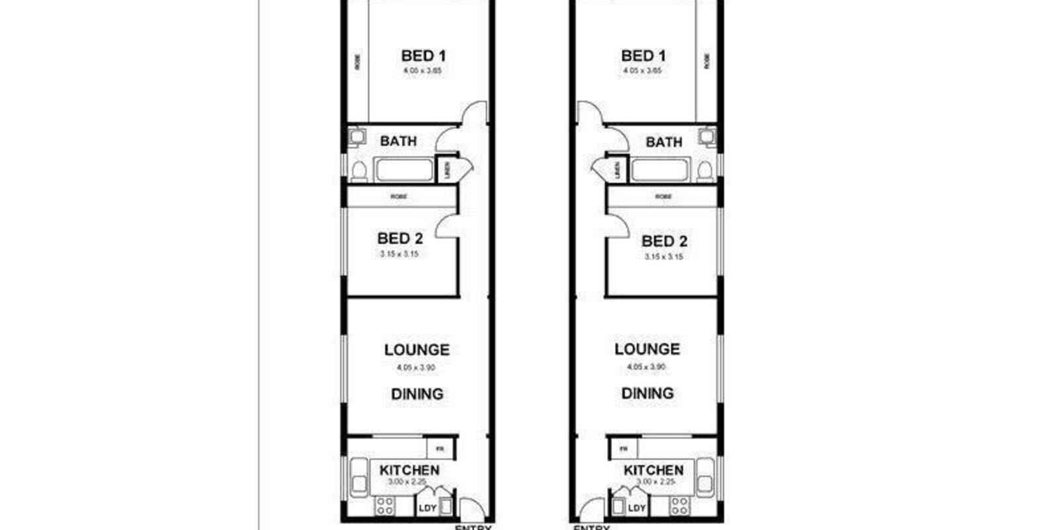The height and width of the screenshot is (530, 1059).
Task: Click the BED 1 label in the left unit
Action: pos(423,56)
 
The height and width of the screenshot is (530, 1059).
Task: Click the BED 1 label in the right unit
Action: pos(643,56)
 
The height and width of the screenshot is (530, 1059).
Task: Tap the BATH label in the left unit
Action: pos(398,141)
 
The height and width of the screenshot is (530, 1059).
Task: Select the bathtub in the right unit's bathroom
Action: pos(661,170)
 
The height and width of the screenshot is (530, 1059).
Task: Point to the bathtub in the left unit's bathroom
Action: pos(404,170)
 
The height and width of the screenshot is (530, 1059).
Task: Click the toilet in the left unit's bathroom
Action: pos(358,172)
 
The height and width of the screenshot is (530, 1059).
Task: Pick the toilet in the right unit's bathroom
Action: pos(705,172)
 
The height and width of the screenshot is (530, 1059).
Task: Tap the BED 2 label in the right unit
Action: pos(664,241)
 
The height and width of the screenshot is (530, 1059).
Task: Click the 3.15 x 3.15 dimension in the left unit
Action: pos(399,254)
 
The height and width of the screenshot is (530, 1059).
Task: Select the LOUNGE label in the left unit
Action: pos(417,350)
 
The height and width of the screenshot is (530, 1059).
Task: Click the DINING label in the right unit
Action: pos(647,393)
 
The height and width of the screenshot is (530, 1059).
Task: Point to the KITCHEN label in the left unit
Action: pos(409,470)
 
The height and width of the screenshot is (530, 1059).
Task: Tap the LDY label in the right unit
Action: pos(636,508)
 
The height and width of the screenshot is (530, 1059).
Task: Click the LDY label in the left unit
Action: pos(427,508)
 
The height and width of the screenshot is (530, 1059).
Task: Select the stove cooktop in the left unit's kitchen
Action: pos(385,506)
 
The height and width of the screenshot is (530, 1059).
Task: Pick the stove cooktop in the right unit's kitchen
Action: pos(678,506)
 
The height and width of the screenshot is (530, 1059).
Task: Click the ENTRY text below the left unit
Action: pos(473,527)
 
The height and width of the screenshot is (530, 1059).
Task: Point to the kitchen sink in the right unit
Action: pos(706,476)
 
